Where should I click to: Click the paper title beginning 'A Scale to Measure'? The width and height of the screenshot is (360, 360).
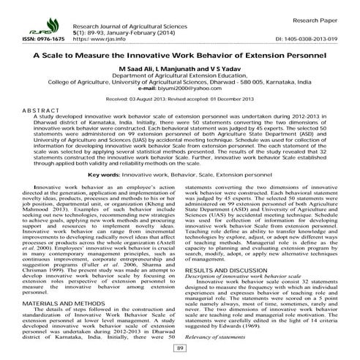179,57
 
